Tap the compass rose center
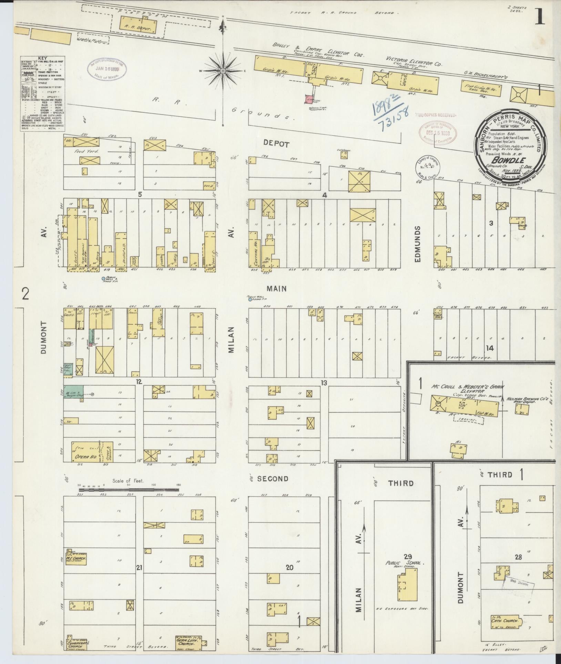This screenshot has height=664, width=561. coord(223,71)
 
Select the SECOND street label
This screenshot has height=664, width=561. coord(273,479)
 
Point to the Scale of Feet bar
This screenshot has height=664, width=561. coord(129,489)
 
